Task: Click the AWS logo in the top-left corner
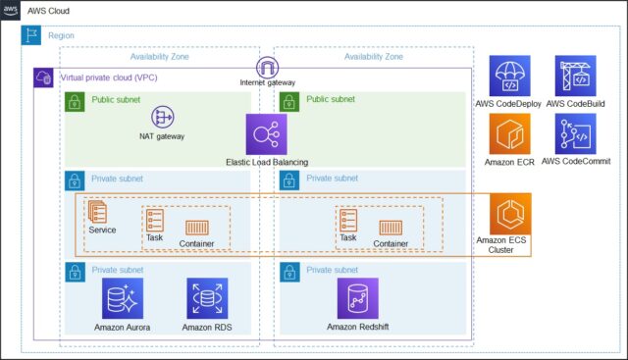click(x=11, y=10)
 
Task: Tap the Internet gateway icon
click(x=266, y=68)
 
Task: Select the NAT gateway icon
click(x=162, y=117)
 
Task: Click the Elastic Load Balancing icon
click(x=266, y=133)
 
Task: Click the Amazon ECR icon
click(x=509, y=133)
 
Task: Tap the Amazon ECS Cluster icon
click(x=510, y=213)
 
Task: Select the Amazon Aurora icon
click(x=123, y=298)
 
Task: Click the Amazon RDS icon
click(x=207, y=298)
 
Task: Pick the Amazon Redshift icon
click(x=357, y=298)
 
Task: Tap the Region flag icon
click(x=30, y=35)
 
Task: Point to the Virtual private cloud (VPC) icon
click(x=43, y=77)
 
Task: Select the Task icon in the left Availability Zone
click(x=155, y=220)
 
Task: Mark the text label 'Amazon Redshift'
click(x=357, y=328)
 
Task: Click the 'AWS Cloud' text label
click(x=47, y=10)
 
